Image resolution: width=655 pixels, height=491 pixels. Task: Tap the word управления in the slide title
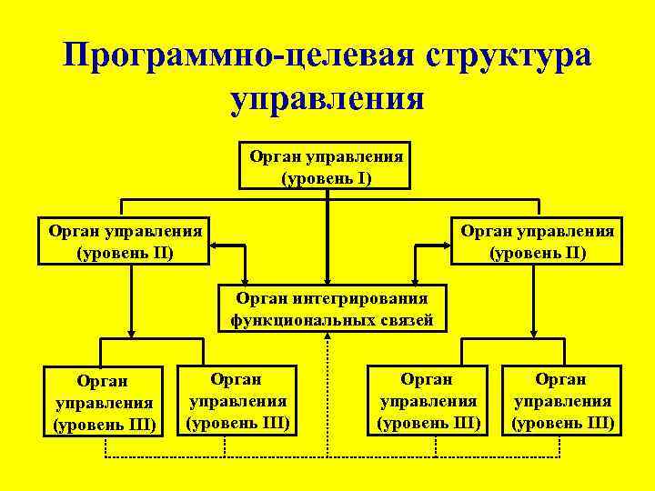pos(327,97)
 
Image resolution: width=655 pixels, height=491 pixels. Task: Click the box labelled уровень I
pos(327,165)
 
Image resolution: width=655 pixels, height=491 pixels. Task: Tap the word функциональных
pos(299,319)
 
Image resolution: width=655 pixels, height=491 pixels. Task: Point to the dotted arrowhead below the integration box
pos(327,336)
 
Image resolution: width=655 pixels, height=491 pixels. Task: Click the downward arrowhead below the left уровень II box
pos(132,332)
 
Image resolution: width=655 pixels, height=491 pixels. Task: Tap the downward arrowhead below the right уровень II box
pos(535,332)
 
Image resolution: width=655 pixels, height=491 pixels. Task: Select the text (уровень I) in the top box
pos(327,175)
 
